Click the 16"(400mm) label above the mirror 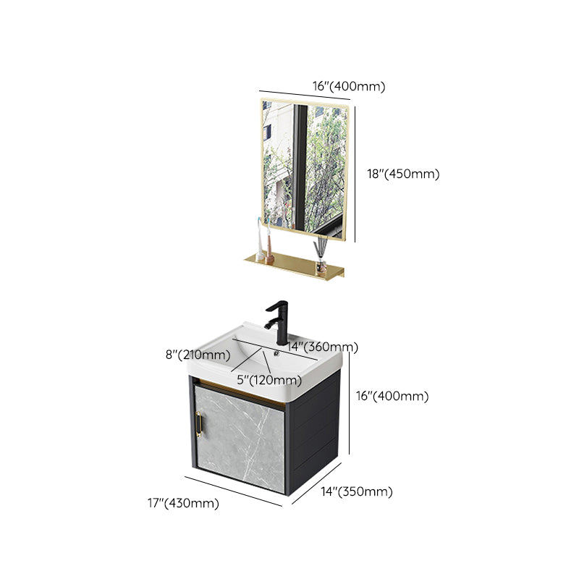pos(349,86)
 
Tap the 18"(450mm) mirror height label pos(403,174)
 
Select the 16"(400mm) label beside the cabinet pos(393,396)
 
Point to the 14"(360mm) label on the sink pos(322,347)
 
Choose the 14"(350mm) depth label pos(356,491)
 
